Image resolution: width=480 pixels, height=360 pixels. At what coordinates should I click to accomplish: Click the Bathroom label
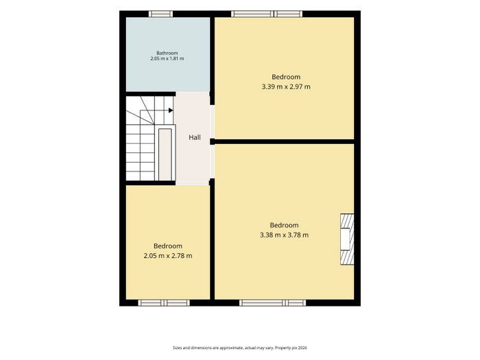coord(167,53)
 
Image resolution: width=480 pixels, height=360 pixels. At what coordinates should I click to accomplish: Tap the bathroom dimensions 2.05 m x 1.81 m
coord(167,58)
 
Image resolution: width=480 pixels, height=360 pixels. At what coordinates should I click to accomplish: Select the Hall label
coord(195,137)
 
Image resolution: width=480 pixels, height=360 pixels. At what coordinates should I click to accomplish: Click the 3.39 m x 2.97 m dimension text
coord(286,86)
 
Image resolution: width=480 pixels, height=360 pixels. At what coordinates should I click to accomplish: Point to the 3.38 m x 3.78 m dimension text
coord(285,235)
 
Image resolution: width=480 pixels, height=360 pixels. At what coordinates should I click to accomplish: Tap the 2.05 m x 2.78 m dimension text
coord(168,256)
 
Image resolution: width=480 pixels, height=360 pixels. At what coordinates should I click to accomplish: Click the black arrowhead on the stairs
coord(171,110)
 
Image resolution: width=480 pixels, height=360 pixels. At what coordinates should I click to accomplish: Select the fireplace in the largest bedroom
coord(347,239)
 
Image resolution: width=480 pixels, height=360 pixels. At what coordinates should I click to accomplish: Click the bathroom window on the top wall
coord(160,14)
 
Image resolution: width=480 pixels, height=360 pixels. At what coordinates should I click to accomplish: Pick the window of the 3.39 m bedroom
coord(267,14)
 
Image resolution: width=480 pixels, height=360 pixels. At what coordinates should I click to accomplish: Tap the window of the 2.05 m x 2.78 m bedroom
coord(164,303)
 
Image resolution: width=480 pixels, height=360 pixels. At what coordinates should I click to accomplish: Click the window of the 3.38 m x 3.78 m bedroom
coord(272,303)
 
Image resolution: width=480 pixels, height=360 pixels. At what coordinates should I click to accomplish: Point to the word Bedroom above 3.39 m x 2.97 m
coord(286,77)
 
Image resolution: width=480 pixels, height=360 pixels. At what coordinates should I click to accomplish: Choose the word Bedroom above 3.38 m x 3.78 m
coord(285,226)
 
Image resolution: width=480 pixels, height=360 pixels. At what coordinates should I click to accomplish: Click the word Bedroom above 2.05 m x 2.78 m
coord(168,246)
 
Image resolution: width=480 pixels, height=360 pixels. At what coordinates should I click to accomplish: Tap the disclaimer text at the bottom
coord(240,348)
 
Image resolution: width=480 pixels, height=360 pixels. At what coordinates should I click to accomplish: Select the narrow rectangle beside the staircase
coord(165,154)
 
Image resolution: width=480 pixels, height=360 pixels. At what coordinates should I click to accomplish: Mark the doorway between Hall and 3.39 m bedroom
coord(212,122)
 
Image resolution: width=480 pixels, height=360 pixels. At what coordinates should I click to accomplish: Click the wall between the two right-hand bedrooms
coord(284,142)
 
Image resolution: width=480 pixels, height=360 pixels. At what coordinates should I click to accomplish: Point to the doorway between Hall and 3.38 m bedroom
coord(212,162)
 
